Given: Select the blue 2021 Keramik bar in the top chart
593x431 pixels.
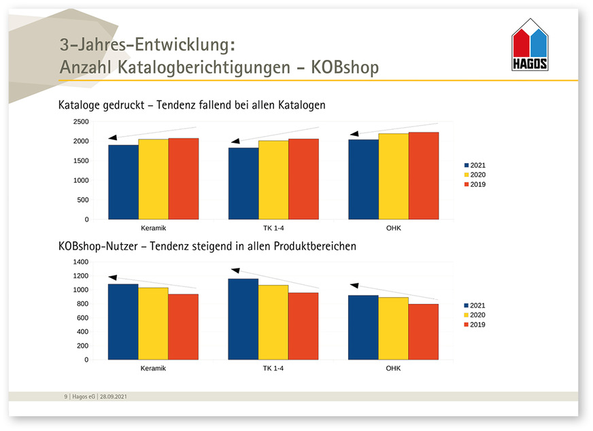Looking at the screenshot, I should (x=123, y=182).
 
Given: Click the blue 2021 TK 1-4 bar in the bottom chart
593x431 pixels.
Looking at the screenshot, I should (x=243, y=319).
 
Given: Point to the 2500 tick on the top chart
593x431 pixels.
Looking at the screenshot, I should (x=80, y=122).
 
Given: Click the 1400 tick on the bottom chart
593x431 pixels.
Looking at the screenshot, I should (x=80, y=262).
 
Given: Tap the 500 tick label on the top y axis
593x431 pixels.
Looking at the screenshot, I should (x=82, y=200).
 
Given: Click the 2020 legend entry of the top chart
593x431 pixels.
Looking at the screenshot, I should (x=476, y=175).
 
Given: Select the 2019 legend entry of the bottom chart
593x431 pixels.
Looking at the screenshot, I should (x=476, y=325).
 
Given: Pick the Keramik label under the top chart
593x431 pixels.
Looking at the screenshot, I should (x=153, y=228).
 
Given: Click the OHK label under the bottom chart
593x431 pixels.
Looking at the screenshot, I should (x=393, y=368).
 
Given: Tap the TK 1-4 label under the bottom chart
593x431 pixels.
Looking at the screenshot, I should (x=273, y=368).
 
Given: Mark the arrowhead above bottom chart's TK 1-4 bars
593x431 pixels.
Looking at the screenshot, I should (x=235, y=270).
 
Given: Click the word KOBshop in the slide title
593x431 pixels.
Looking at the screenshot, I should (x=345, y=68).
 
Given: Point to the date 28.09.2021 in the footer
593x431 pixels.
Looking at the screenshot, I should (x=112, y=396).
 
